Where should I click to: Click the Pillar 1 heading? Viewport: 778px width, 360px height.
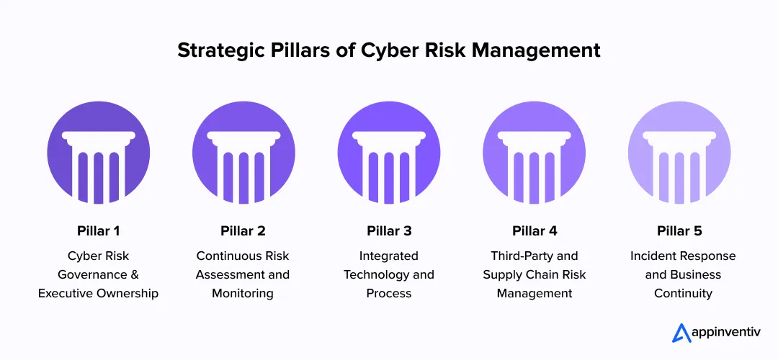pos(98,231)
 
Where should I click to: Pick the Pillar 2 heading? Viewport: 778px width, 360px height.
pos(243,231)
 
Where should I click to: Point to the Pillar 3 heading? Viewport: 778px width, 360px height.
pos(389,231)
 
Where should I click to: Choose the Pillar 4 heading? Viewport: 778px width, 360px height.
pos(535,231)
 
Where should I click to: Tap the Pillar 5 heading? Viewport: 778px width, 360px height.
pos(679,231)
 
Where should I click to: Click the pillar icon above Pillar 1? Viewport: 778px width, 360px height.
pos(98,154)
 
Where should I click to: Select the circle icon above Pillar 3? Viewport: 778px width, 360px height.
pos(389,154)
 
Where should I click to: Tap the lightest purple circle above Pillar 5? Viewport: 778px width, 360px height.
pos(679,154)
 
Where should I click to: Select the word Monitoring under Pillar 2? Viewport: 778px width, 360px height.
pos(243,293)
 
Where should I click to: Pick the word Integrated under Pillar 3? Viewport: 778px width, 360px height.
pos(389,256)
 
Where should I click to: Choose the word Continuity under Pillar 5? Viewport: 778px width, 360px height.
pos(683,293)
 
